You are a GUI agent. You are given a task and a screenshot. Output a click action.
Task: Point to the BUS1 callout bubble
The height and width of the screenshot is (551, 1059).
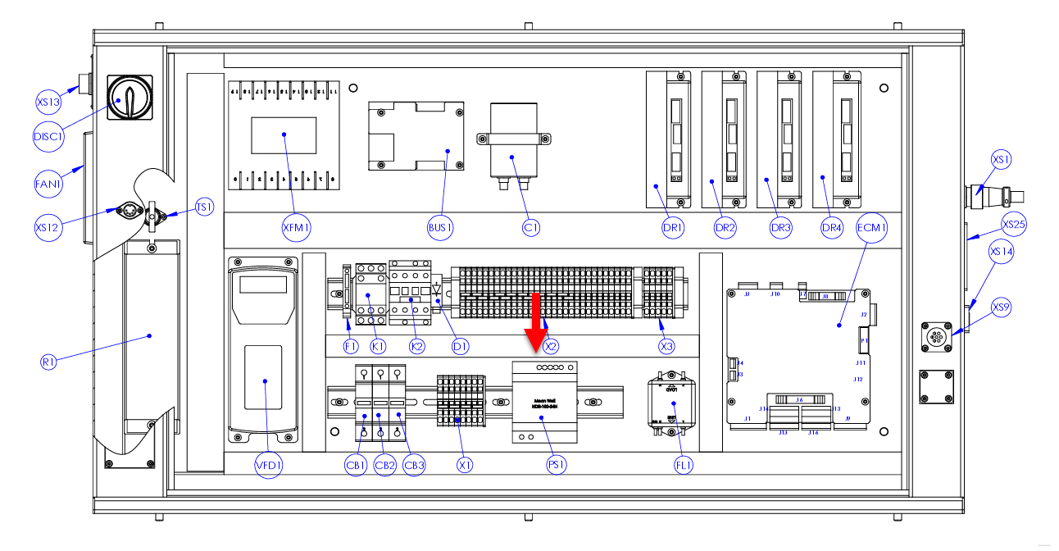pyautogui.click(x=441, y=229)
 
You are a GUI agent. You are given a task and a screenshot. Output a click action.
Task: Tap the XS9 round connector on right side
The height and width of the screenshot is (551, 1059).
pyautogui.click(x=936, y=337)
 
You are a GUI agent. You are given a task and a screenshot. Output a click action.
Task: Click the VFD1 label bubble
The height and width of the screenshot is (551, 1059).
pyautogui.click(x=269, y=467)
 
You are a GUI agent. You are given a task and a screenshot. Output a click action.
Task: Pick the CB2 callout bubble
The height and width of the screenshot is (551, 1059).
pyautogui.click(x=385, y=467)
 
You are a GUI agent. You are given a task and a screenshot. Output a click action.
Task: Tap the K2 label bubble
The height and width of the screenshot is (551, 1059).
pyautogui.click(x=417, y=347)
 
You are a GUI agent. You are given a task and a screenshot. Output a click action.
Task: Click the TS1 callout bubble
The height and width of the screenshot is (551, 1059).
pyautogui.click(x=204, y=208)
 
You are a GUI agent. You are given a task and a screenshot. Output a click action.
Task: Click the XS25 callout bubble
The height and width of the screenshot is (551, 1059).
pyautogui.click(x=1013, y=225)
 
